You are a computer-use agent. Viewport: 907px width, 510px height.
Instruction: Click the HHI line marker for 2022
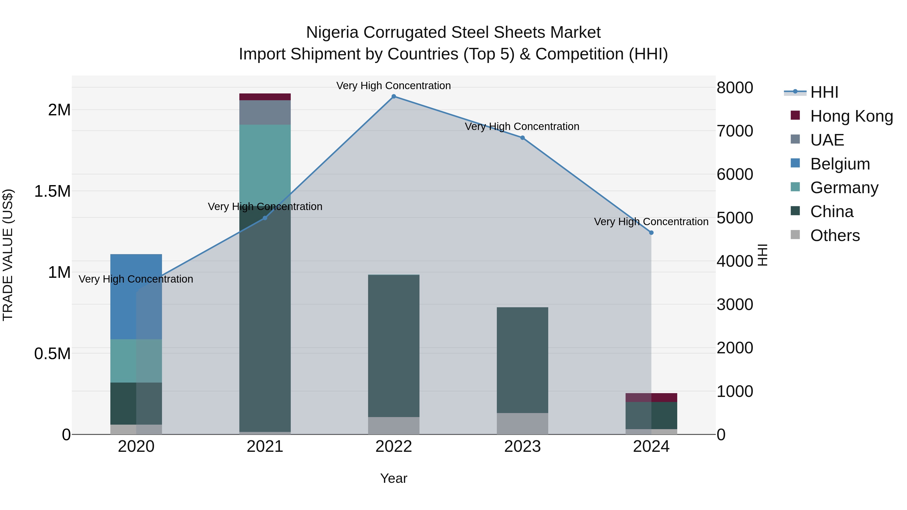[x=394, y=96]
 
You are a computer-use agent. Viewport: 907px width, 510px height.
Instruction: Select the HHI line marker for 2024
[x=651, y=233]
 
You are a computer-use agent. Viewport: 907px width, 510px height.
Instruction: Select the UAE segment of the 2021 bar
[x=265, y=112]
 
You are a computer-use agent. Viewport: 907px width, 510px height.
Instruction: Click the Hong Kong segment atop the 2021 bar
[x=265, y=97]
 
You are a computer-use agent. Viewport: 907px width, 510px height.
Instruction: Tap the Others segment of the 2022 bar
[x=394, y=426]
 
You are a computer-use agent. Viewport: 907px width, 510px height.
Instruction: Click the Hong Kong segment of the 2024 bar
[x=651, y=397]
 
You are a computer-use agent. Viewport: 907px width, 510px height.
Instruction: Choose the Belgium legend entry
[x=840, y=164]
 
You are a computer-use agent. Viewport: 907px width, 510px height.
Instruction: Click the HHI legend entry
[x=824, y=92]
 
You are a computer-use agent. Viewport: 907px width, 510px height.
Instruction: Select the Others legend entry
[x=834, y=235]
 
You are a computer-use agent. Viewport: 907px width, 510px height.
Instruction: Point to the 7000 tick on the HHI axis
[x=734, y=131]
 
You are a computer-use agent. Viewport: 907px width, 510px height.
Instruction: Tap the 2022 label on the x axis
[x=394, y=447]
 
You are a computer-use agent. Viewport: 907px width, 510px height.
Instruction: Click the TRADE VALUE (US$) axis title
[x=8, y=255]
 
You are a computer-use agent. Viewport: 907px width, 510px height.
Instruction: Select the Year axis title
[x=394, y=478]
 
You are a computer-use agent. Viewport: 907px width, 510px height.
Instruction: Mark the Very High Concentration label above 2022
[x=394, y=86]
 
